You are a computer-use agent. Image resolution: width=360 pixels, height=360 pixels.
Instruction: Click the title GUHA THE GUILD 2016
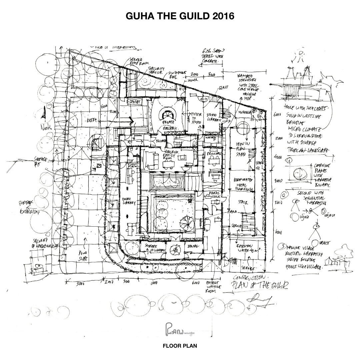[x=180, y=16]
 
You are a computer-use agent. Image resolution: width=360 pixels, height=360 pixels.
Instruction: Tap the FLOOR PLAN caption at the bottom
[x=180, y=346]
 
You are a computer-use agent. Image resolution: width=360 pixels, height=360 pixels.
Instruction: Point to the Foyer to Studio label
[x=195, y=117]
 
